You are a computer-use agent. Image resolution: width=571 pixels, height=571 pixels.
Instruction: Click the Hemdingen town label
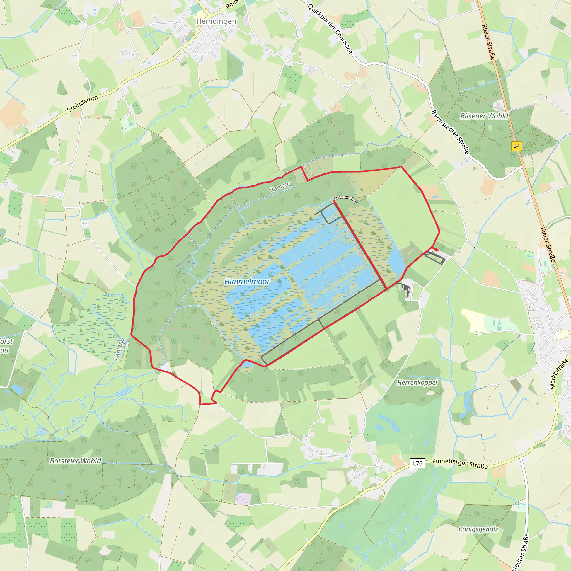(x=216, y=21)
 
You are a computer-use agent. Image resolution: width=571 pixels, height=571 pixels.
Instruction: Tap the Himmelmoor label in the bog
(x=247, y=281)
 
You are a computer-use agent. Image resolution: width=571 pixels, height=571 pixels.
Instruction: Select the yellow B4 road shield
(x=516, y=146)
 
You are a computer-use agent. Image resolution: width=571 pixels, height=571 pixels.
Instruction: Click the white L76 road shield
(x=417, y=463)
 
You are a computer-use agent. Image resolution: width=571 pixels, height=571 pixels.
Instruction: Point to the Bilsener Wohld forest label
(x=484, y=116)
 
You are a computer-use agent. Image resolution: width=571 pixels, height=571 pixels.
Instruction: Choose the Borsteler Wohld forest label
(x=75, y=461)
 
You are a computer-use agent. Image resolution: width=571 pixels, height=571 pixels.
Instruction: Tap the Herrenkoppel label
(x=417, y=383)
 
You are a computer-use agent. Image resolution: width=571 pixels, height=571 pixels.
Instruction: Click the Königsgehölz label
(x=478, y=529)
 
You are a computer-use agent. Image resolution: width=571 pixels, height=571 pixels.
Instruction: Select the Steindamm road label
(x=83, y=104)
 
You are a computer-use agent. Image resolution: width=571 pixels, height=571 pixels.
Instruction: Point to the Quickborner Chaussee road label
(x=330, y=29)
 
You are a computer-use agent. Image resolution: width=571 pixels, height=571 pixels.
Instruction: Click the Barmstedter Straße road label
(x=450, y=132)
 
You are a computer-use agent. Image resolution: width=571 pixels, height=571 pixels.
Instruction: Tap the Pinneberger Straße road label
(x=460, y=463)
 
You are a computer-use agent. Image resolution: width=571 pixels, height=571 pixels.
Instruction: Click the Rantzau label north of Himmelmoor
(x=281, y=187)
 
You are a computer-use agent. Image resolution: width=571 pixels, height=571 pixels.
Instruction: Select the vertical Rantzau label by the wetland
(x=119, y=349)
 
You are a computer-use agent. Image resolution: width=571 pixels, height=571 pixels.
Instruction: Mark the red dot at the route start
(x=437, y=250)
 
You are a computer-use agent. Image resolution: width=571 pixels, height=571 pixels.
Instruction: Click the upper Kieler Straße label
(x=488, y=42)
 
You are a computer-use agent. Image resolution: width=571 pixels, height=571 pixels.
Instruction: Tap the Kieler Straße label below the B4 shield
(x=548, y=245)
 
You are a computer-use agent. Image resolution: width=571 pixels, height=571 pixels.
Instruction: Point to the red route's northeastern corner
(x=401, y=167)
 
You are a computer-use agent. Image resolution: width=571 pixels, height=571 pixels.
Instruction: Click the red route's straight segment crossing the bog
(x=360, y=245)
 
